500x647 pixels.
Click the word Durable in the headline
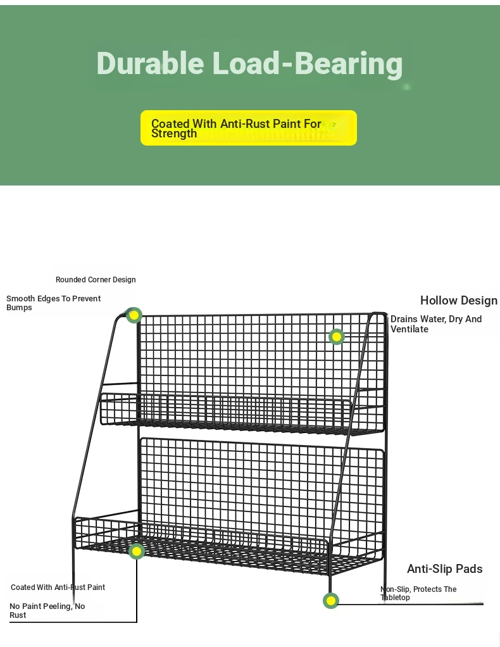[150, 63]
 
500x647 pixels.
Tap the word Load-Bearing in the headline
[308, 64]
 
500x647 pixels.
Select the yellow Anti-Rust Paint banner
[249, 128]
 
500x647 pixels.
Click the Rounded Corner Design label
[96, 280]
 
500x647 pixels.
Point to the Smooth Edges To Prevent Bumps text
[53, 303]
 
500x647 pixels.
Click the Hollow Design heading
[459, 300]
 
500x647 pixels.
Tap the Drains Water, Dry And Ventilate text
[436, 324]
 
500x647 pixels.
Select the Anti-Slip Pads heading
[445, 568]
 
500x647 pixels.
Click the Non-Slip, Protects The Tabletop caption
[418, 593]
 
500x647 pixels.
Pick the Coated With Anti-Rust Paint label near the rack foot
[58, 587]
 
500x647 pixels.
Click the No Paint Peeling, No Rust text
[47, 610]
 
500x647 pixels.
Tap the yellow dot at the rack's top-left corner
[134, 316]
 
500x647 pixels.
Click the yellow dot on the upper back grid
[337, 337]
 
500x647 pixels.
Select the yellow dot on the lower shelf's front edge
[137, 551]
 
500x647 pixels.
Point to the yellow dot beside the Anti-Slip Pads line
[331, 601]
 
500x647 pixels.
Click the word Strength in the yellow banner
[174, 134]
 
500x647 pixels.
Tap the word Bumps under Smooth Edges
[19, 308]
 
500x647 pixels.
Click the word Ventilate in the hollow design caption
[409, 329]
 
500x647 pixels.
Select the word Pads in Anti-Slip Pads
[470, 568]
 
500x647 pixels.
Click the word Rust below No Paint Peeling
[18, 615]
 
